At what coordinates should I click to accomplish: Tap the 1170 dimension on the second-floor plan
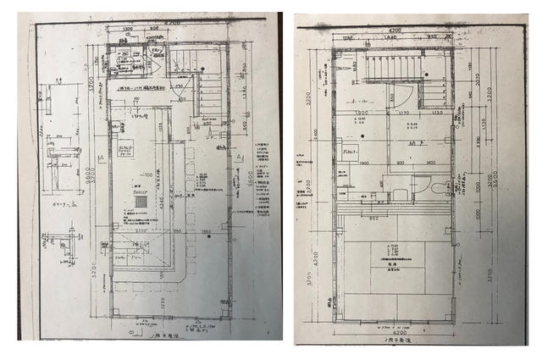pyautogui.click(x=404, y=111)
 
